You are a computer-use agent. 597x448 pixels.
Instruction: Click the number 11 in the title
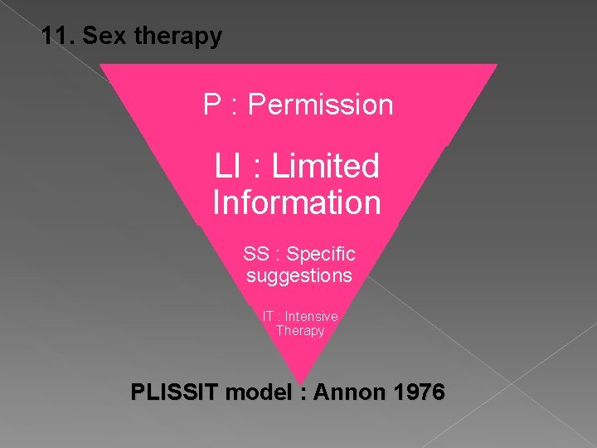tap(55, 37)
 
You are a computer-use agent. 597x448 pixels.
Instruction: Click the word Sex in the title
tap(101, 37)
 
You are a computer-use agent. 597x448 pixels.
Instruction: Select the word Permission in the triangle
tap(320, 105)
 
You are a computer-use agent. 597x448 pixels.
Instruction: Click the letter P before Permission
tap(212, 105)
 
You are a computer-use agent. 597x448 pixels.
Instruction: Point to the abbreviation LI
tap(228, 167)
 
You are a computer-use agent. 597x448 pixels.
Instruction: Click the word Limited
tap(325, 167)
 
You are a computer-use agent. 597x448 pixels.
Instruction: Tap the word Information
tap(297, 202)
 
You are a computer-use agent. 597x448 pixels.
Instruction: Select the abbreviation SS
tap(256, 253)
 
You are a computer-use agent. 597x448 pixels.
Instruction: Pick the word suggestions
tap(299, 275)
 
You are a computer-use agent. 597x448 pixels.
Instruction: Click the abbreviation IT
tap(269, 316)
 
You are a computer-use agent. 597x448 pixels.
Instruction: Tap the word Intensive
tap(312, 316)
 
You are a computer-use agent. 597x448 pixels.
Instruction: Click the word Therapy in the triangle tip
tap(300, 330)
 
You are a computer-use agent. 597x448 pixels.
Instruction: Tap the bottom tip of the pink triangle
tap(299, 381)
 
